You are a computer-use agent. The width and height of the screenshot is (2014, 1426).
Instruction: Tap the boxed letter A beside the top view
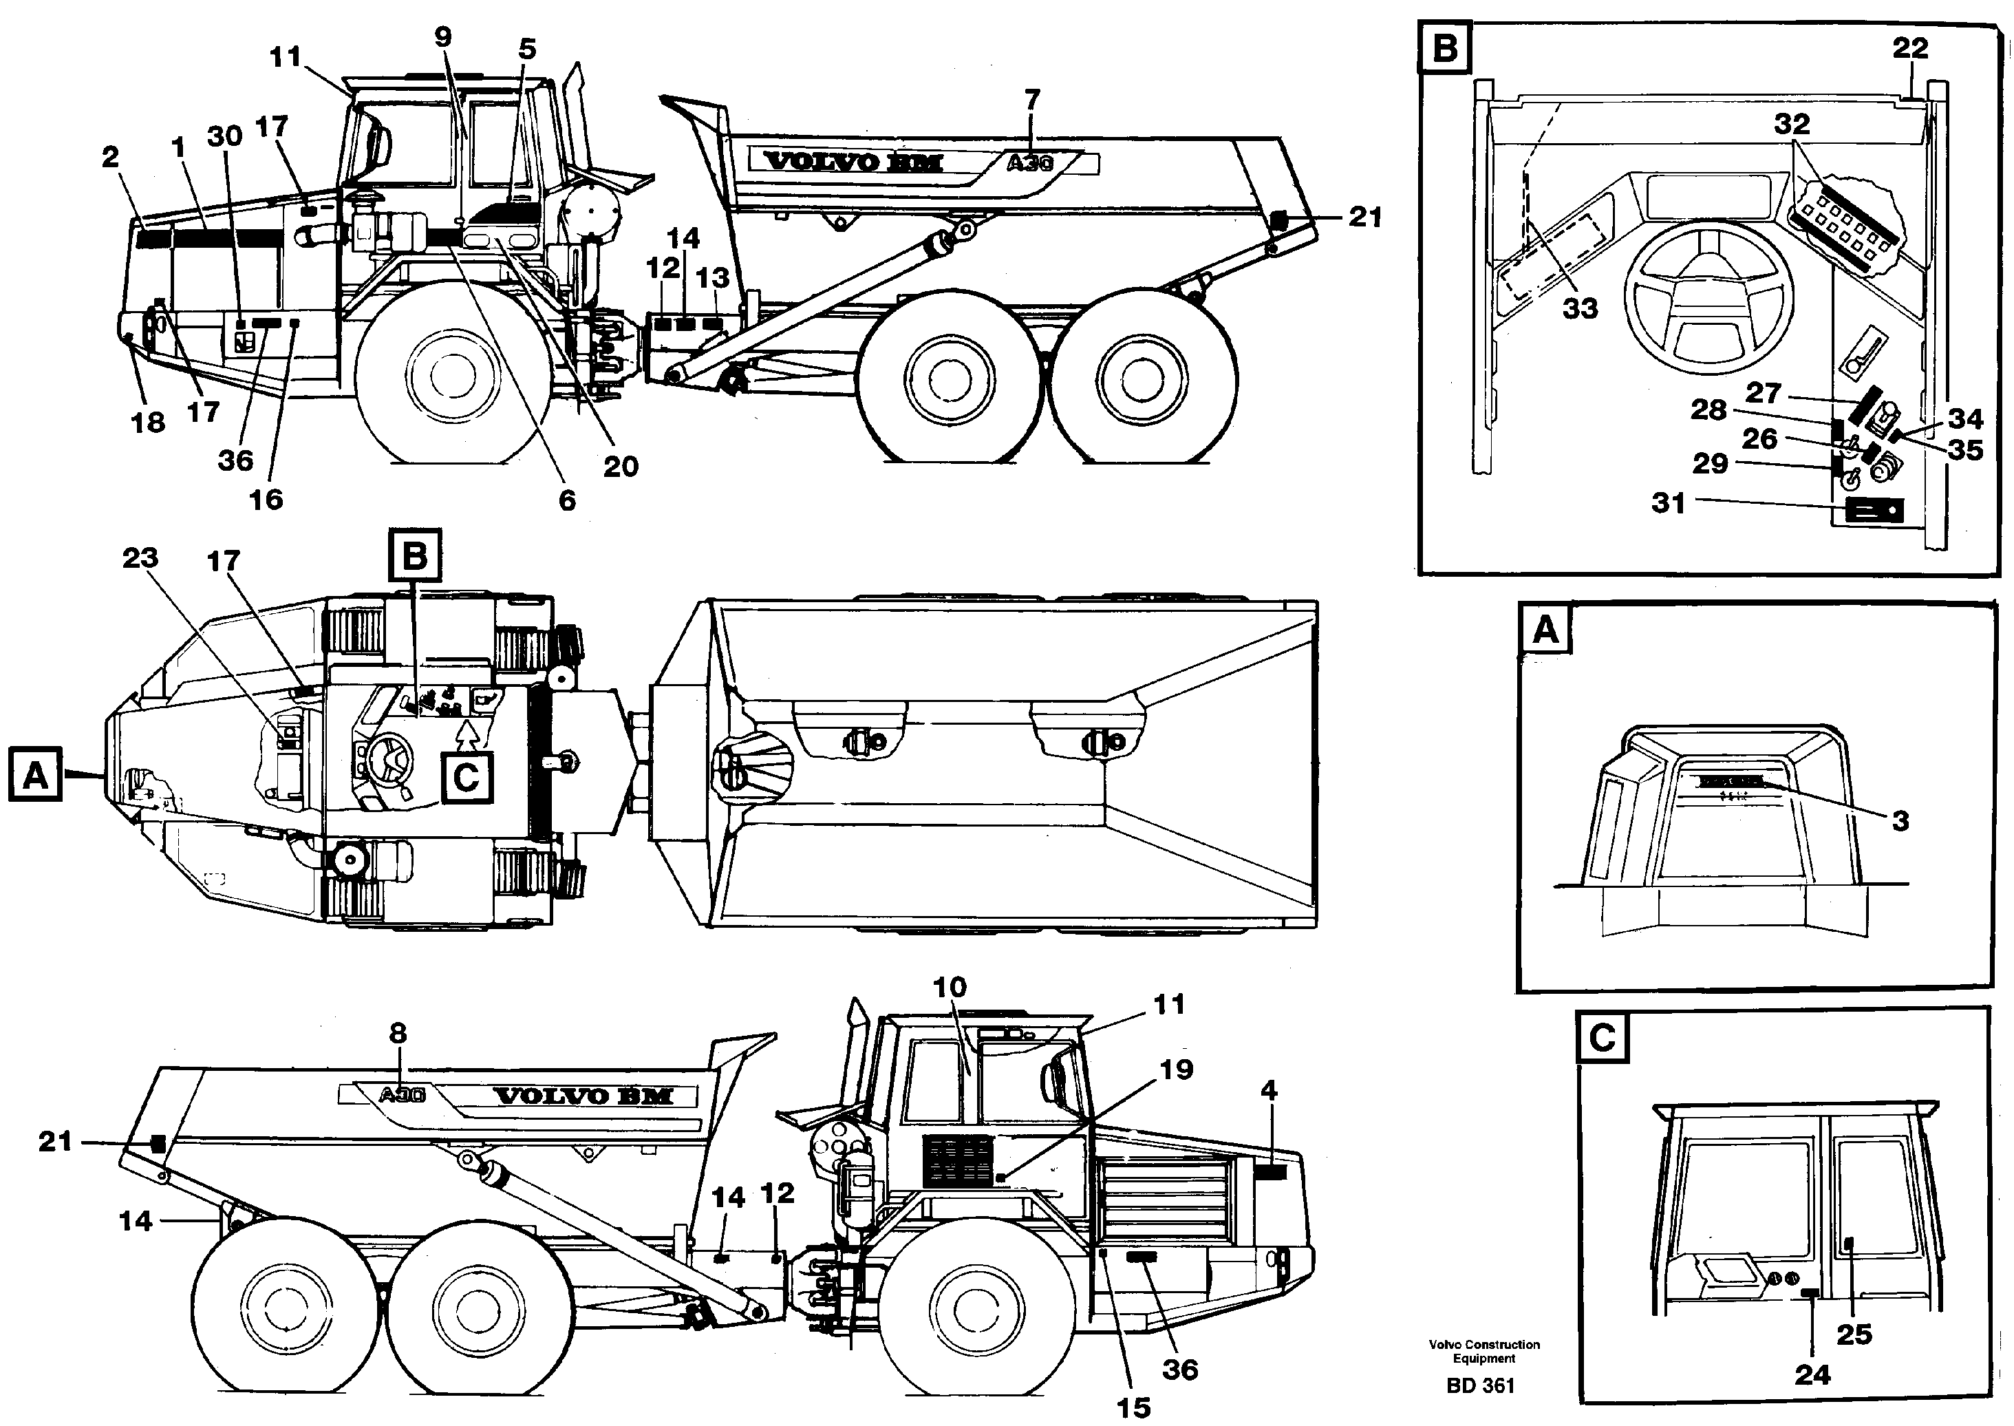coord(35,774)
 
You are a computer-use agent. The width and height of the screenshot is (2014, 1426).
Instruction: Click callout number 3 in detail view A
coord(1900,821)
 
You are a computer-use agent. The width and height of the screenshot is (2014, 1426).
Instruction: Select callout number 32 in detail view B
coord(1792,125)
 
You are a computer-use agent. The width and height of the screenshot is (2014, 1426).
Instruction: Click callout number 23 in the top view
coord(140,557)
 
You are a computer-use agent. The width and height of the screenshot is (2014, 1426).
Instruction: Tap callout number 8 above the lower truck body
coord(398,1034)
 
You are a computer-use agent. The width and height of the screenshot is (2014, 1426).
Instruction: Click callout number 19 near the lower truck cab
coord(1177,1069)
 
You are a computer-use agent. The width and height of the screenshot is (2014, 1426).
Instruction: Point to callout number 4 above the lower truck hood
coord(1269,1091)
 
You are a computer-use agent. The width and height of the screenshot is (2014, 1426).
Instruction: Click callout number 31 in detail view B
coord(1668,503)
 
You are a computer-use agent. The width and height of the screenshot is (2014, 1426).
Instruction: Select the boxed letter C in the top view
coord(467,777)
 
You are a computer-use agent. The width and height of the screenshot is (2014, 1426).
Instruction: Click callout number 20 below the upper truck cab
coord(620,466)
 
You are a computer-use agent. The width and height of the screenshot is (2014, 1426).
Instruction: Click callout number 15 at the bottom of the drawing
coord(1133,1407)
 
